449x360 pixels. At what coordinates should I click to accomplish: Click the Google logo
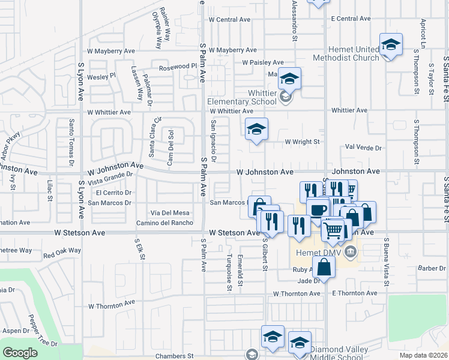(20, 353)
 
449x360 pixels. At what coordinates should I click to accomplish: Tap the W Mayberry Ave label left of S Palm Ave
(109, 52)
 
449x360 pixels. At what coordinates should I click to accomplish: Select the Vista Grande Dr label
(110, 178)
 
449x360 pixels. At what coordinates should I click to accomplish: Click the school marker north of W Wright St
(256, 129)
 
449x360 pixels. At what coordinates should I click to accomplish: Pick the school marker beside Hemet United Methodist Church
(391, 44)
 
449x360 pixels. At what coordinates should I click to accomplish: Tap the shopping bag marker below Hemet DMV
(324, 267)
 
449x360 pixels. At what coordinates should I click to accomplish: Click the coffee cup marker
(318, 209)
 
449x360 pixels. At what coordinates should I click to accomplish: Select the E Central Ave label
(352, 19)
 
